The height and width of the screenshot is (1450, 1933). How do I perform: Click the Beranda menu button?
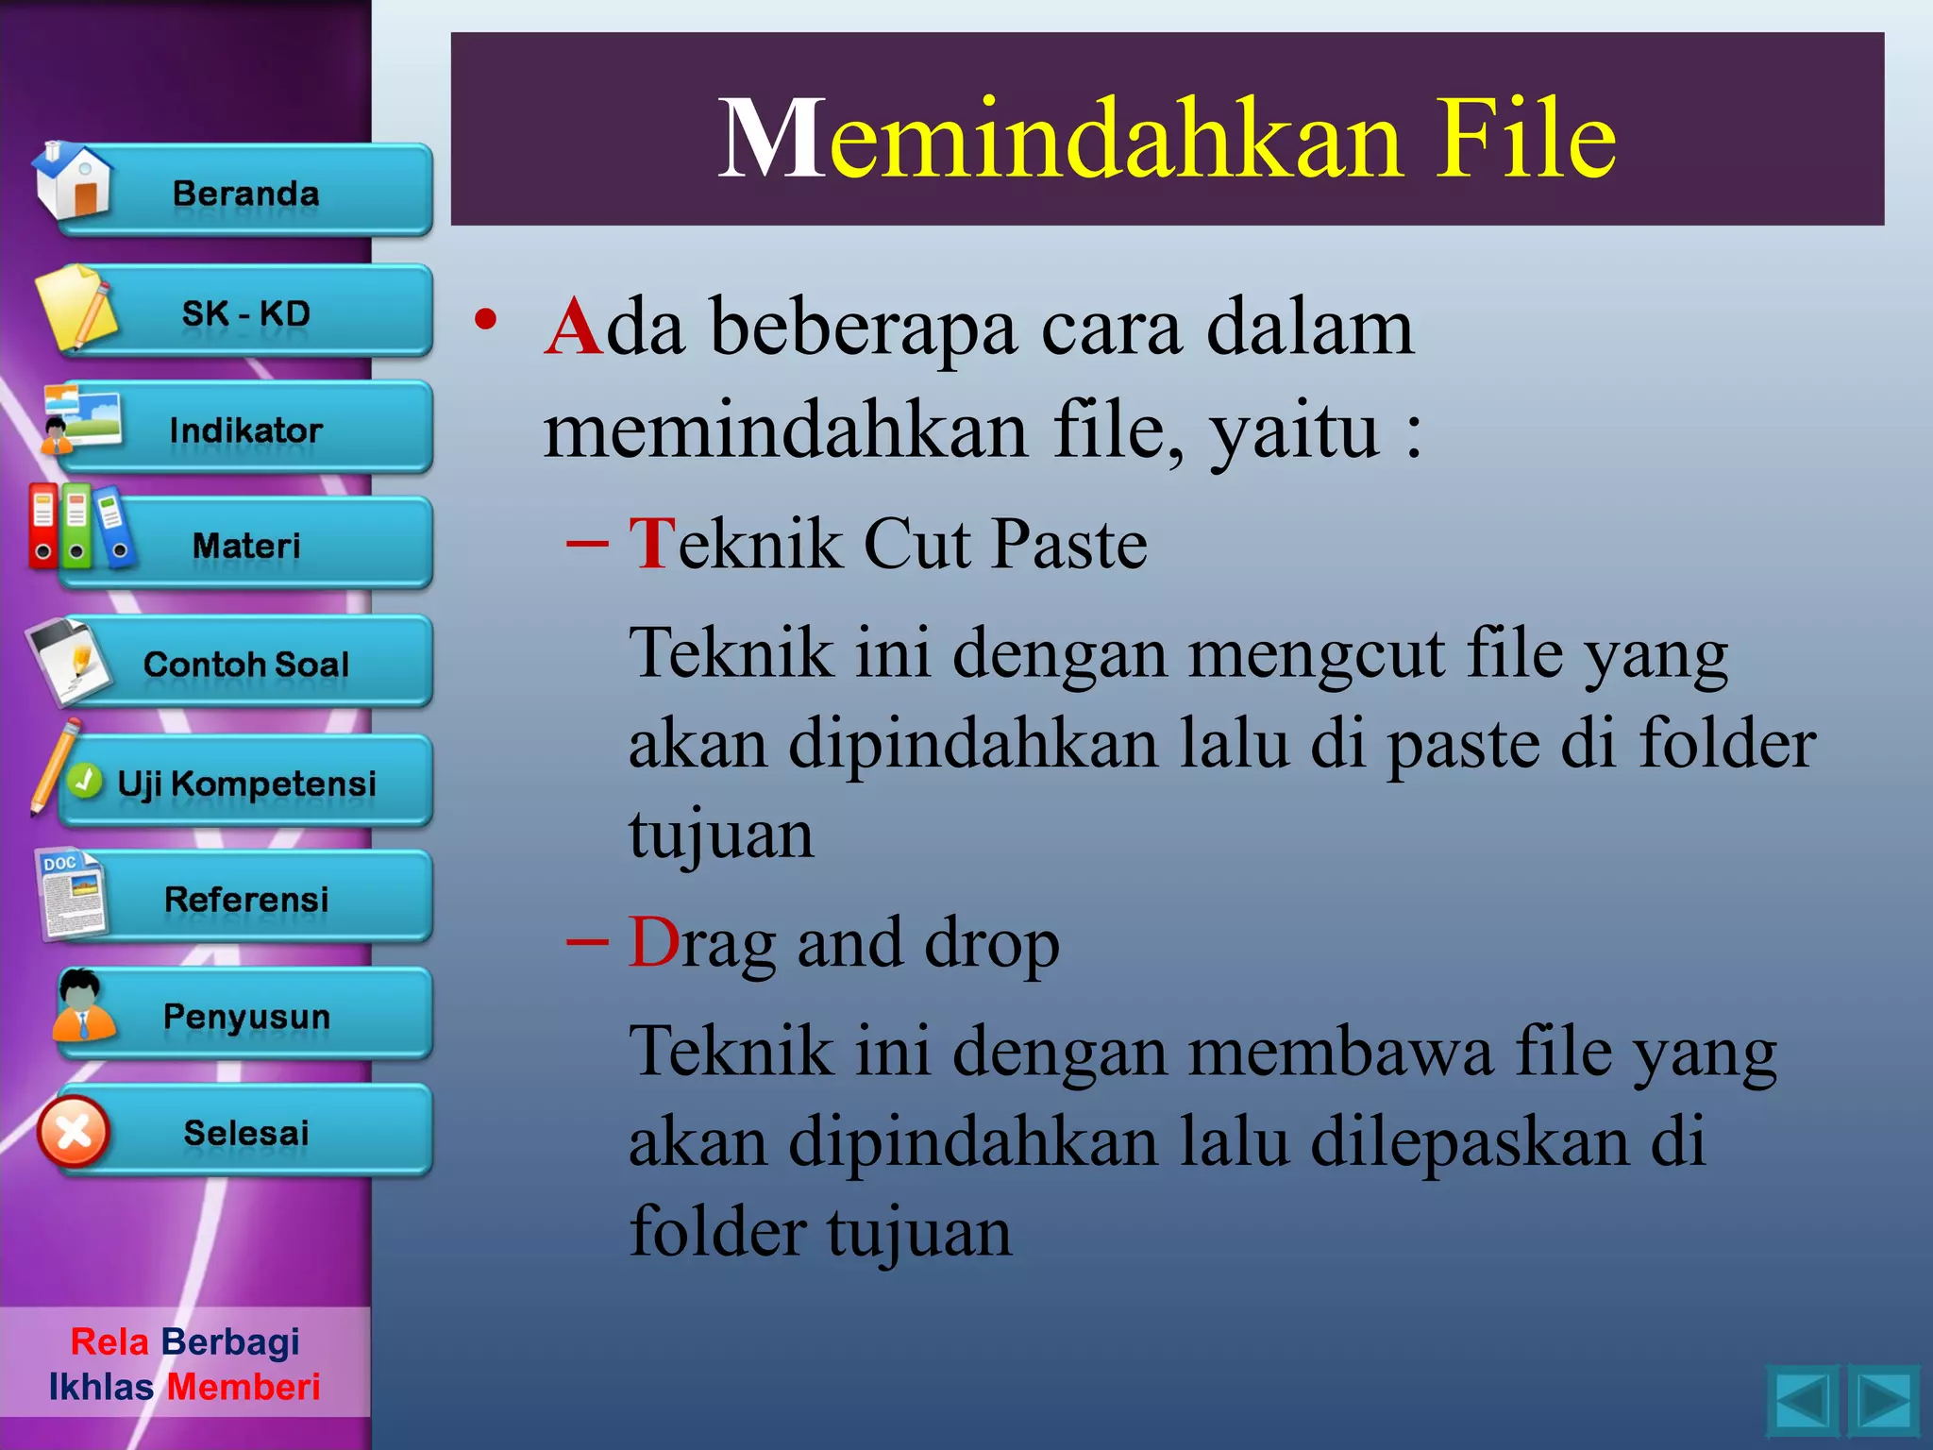point(245,193)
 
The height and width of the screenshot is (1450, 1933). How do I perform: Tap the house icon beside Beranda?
point(74,182)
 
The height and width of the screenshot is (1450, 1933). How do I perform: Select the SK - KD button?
point(245,312)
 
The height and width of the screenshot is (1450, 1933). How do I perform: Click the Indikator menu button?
point(245,430)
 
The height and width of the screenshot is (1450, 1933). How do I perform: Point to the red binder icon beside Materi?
point(42,525)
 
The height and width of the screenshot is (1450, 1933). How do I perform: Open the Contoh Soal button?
point(245,664)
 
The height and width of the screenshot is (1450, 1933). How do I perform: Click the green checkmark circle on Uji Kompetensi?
point(85,781)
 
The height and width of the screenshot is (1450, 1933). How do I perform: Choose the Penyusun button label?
point(246,1017)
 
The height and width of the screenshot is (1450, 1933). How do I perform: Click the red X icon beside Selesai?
point(74,1132)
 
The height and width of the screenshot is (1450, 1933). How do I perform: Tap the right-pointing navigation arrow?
point(1883,1402)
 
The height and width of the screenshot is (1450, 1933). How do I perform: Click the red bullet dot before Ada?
point(485,320)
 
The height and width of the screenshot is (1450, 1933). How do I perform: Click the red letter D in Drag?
point(653,942)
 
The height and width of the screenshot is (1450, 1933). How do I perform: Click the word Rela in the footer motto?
point(109,1341)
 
